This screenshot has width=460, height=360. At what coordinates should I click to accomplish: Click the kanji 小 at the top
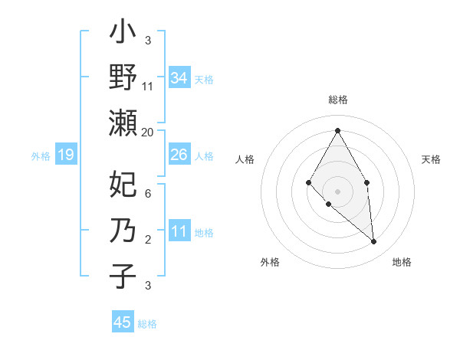(123, 34)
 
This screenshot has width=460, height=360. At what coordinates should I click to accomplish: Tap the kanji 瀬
(123, 123)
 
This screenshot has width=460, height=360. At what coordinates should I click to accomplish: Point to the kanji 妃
(123, 185)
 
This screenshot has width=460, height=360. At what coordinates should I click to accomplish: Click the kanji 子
(123, 277)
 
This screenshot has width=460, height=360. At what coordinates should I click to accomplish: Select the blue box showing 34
(179, 78)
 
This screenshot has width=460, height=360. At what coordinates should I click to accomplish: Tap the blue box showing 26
(179, 155)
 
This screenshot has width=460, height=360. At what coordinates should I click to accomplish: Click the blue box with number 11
(179, 231)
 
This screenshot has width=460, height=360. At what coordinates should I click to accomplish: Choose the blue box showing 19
(65, 155)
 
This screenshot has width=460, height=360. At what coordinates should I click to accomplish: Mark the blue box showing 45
(123, 322)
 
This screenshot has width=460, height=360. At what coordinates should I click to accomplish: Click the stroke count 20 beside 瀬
(148, 133)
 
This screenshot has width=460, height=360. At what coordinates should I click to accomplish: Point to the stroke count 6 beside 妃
(148, 194)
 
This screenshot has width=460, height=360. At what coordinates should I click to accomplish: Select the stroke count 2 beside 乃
(148, 240)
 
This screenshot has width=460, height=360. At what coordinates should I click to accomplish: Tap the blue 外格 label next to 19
(41, 156)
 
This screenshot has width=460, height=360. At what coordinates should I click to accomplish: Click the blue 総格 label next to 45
(147, 324)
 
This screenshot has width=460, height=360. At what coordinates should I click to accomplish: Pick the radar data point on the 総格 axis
(337, 129)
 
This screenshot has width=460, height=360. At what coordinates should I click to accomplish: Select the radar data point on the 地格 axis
(373, 241)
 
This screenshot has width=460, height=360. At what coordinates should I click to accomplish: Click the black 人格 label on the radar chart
(245, 159)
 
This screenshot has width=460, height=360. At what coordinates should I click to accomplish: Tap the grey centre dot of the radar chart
(337, 191)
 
